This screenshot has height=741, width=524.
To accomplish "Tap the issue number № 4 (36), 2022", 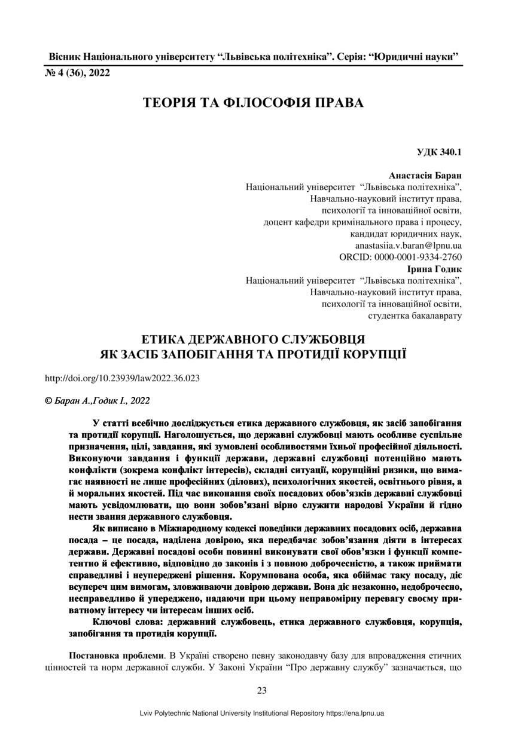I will (x=78, y=73).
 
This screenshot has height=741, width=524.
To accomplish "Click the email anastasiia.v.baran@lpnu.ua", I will (x=408, y=245).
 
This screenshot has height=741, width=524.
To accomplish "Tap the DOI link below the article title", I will (x=123, y=378).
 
